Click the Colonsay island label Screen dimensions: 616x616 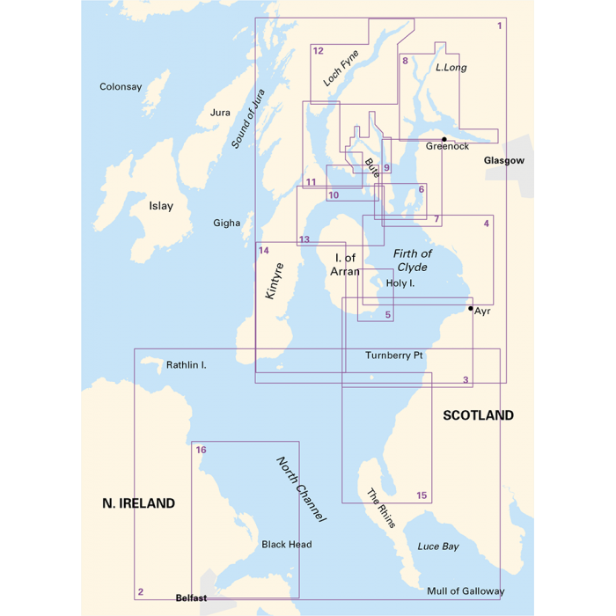tap(121, 86)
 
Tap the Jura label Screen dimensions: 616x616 tap(220, 113)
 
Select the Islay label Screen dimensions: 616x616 tap(161, 206)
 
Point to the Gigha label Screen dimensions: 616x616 tap(227, 223)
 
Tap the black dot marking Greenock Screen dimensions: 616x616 tap(444, 139)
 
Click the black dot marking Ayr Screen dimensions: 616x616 tap(471, 308)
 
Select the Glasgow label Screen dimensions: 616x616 tap(503, 161)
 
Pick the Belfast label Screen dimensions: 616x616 tap(191, 598)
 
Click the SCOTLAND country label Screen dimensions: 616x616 tap(478, 415)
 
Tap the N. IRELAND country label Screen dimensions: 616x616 tap(138, 503)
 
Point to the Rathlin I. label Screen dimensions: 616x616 tap(186, 363)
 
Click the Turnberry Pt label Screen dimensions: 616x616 tap(395, 355)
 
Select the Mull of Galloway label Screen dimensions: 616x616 tap(466, 591)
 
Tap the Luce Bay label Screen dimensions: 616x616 tap(438, 546)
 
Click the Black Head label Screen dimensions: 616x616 tap(286, 545)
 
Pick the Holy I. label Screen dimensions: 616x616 tap(400, 283)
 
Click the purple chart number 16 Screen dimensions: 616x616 tap(202, 450)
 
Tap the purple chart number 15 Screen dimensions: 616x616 tap(422, 496)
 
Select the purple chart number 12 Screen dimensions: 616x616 tap(319, 51)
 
